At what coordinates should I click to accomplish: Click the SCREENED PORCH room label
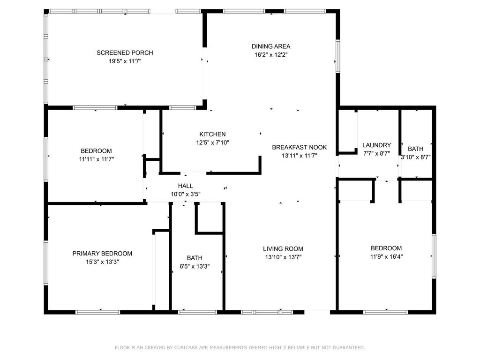pyautogui.click(x=125, y=52)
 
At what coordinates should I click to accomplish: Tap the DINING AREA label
pyautogui.click(x=271, y=46)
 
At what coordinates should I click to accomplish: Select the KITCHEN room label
pyautogui.click(x=212, y=134)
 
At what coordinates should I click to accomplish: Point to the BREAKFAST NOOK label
pyautogui.click(x=300, y=147)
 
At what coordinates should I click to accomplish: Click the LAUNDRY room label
pyautogui.click(x=376, y=145)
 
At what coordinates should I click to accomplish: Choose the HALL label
pyautogui.click(x=185, y=186)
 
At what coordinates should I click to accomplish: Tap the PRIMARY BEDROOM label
pyautogui.click(x=102, y=254)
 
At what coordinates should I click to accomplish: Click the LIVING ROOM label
pyautogui.click(x=283, y=249)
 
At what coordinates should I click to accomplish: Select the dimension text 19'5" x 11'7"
pyautogui.click(x=125, y=61)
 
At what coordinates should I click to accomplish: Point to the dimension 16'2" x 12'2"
pyautogui.click(x=271, y=54)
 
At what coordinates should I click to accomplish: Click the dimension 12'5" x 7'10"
pyautogui.click(x=212, y=142)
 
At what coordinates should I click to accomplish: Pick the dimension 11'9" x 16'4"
pyautogui.click(x=386, y=256)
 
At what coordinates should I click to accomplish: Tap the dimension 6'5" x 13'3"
pyautogui.click(x=195, y=266)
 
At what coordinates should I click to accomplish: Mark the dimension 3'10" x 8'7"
pyautogui.click(x=415, y=157)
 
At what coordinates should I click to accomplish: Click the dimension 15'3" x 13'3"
pyautogui.click(x=102, y=262)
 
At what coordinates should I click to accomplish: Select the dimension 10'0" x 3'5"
pyautogui.click(x=185, y=194)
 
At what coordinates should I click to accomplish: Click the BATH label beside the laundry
pyautogui.click(x=415, y=149)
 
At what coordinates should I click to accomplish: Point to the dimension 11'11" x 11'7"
pyautogui.click(x=96, y=159)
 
